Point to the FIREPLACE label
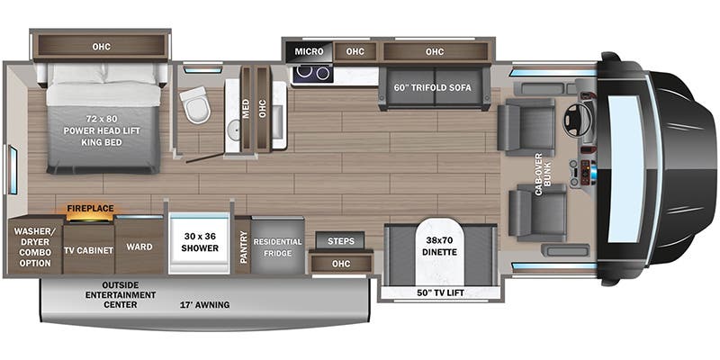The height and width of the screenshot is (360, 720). click(x=90, y=208)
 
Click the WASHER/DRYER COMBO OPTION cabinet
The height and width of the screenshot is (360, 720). click(x=31, y=244)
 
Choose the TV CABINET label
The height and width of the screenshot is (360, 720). click(x=88, y=249)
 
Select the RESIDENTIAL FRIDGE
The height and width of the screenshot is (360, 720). click(x=278, y=247)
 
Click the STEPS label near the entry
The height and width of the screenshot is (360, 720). click(x=340, y=241)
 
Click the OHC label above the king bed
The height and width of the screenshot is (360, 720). click(x=100, y=44)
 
